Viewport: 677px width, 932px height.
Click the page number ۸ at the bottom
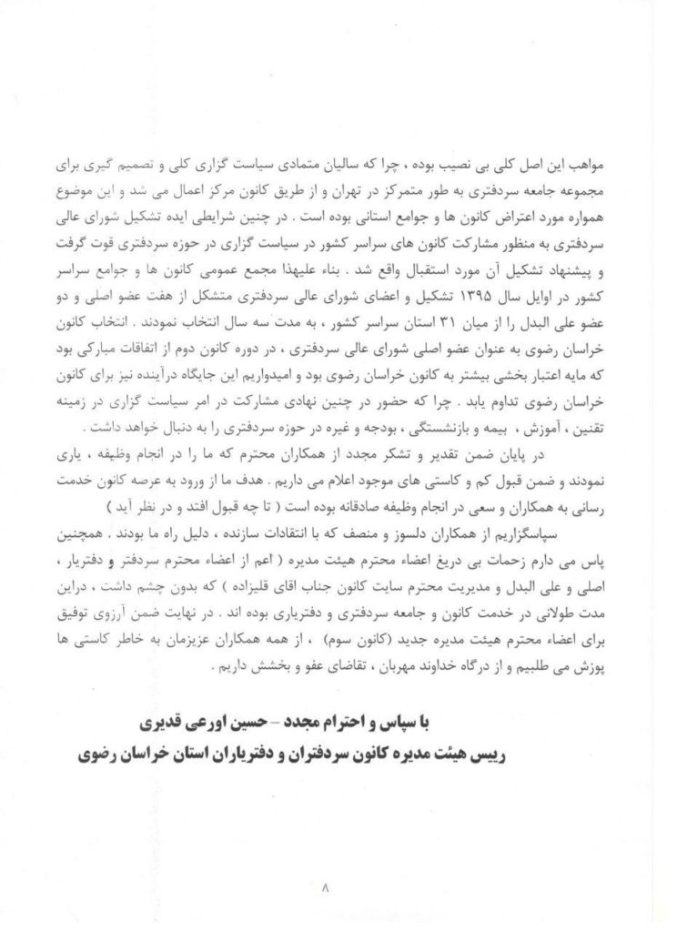point(338,883)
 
